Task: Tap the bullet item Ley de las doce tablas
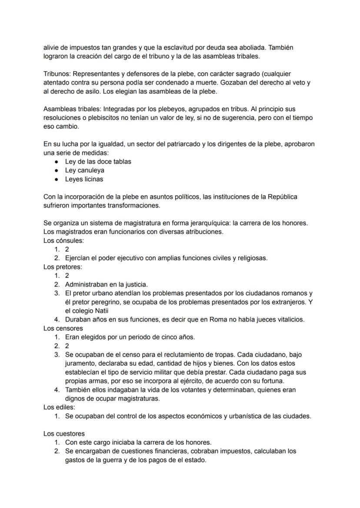pos(98,161)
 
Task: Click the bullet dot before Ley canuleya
pos(57,170)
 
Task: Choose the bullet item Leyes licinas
pos(84,179)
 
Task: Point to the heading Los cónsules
pos(63,240)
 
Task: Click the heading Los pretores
pos(63,267)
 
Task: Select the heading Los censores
pos(63,328)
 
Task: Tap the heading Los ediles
pos(59,407)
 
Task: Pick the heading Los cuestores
pos(64,433)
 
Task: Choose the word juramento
pos(80,363)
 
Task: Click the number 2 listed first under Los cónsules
pos(67,249)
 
